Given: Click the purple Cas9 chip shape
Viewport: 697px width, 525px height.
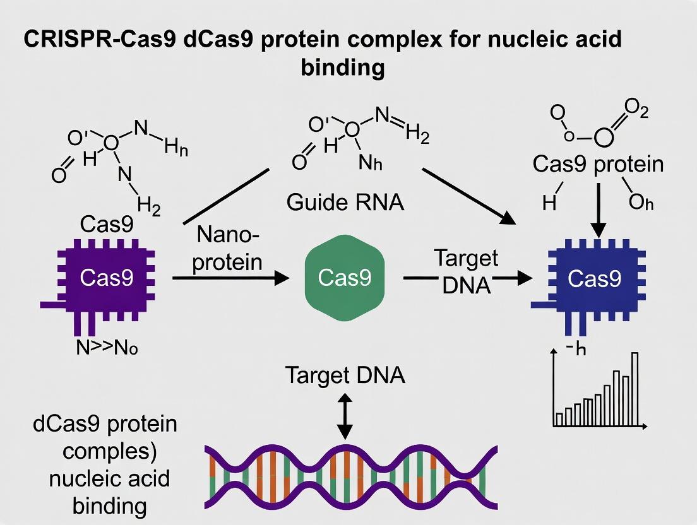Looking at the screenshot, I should tap(107, 278).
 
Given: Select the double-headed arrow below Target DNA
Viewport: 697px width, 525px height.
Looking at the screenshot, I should tap(345, 417).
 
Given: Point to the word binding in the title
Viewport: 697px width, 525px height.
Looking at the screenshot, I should tap(343, 68).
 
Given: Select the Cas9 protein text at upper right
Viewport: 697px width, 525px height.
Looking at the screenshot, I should tap(598, 165).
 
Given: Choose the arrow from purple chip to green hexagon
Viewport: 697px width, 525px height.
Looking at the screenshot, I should tap(227, 278).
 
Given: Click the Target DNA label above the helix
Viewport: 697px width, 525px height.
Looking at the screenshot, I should tap(345, 375).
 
